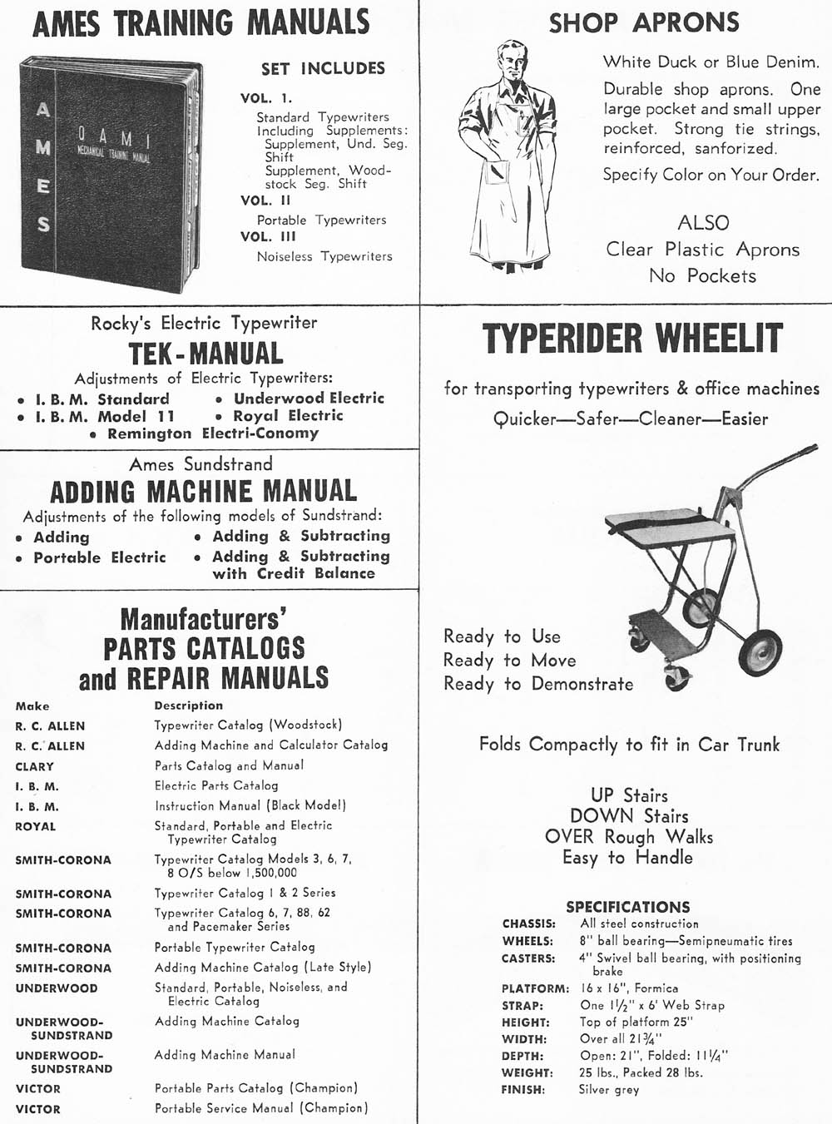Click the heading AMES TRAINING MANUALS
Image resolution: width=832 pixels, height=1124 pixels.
click(201, 22)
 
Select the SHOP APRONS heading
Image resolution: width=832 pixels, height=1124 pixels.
click(643, 22)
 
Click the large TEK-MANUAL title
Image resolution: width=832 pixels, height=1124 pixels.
click(205, 353)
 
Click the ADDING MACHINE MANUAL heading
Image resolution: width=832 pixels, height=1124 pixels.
click(204, 491)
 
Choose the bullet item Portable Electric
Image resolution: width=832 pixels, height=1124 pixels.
click(99, 557)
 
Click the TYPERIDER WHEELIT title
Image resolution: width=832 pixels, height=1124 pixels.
click(633, 339)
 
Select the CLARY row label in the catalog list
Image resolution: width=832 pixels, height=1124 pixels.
click(34, 766)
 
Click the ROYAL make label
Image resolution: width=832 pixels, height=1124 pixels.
click(36, 827)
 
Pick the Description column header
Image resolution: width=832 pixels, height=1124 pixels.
click(188, 706)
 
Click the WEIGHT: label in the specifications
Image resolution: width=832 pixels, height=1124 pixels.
click(527, 1073)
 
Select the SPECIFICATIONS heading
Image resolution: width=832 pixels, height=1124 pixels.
click(627, 907)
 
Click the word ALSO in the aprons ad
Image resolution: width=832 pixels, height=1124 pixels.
click(703, 223)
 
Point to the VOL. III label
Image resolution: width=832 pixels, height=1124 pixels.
click(268, 236)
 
